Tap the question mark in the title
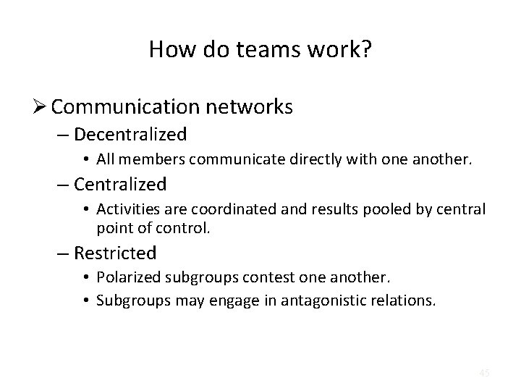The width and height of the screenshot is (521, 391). click(367, 50)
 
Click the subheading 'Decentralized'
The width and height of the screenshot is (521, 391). click(140, 135)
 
